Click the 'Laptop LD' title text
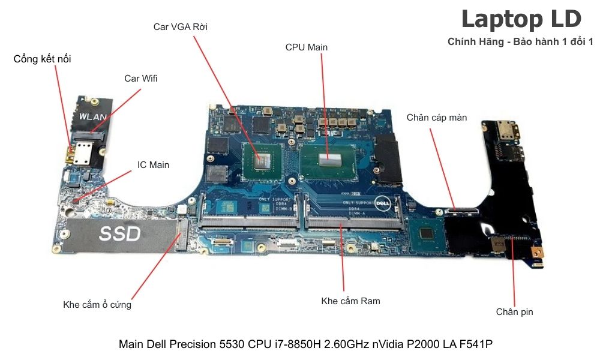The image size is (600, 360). point(521,19)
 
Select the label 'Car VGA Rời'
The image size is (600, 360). point(181,26)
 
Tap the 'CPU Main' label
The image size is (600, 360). point(307,47)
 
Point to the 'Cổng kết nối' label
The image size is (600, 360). point(46,59)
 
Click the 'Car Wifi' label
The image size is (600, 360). point(141,78)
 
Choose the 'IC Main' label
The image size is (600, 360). point(154,164)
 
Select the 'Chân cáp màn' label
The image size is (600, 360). point(437,117)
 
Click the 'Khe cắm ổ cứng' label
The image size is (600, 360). point(97,304)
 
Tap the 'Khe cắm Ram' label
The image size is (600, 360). point(350,301)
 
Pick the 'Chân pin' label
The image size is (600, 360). point(514,311)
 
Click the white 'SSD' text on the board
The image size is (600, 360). point(119,233)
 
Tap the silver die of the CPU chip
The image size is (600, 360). point(328,157)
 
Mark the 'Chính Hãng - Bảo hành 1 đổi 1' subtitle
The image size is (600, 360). point(520,41)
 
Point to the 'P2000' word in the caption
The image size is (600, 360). point(422,344)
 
